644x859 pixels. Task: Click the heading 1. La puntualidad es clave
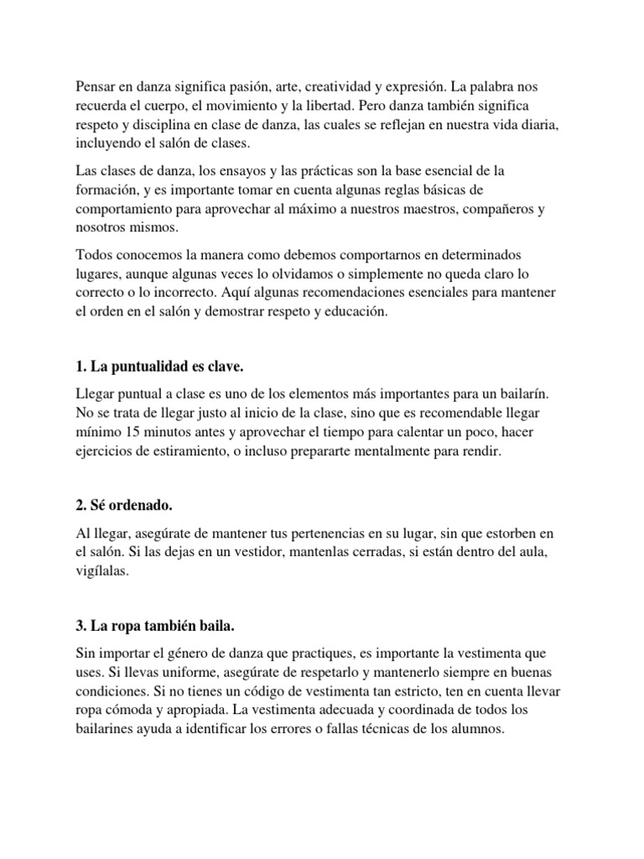click(x=159, y=367)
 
